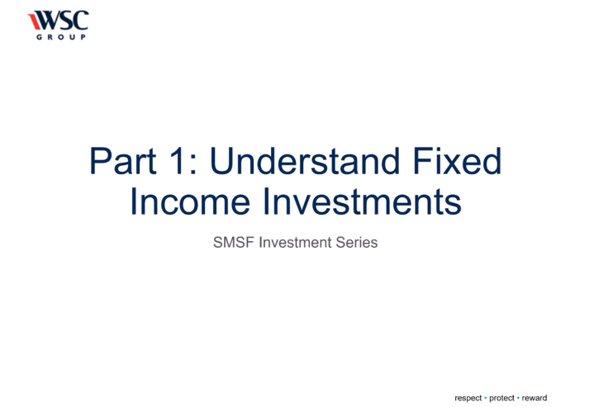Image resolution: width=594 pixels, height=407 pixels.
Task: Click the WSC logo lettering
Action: (62, 20)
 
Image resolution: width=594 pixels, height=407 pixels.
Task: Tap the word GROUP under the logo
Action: (61, 37)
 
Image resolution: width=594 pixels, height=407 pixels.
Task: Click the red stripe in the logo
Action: (34, 21)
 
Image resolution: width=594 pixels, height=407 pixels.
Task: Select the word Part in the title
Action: (123, 161)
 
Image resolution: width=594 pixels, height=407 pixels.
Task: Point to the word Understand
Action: (305, 161)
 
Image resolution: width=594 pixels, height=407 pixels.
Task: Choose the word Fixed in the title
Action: (457, 161)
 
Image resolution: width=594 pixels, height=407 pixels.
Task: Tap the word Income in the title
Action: (190, 201)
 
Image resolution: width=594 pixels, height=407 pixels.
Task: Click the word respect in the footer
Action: (468, 398)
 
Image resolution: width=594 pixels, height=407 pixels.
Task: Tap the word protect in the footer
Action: (501, 398)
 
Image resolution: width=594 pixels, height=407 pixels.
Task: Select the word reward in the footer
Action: (535, 398)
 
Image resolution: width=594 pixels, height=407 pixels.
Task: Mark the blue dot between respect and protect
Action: (486, 398)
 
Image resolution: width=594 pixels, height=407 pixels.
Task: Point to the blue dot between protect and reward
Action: (518, 398)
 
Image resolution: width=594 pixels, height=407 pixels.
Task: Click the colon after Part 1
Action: (193, 164)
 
